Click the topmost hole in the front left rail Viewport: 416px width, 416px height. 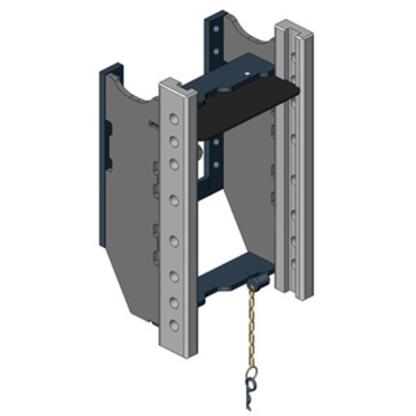pyautogui.click(x=174, y=120)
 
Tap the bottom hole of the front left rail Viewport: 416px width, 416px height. pyautogui.click(x=174, y=326)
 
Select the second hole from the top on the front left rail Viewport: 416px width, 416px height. pyautogui.click(x=174, y=141)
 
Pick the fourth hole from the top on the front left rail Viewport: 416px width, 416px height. pyautogui.click(x=174, y=200)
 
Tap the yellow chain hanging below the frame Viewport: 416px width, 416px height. pyautogui.click(x=252, y=328)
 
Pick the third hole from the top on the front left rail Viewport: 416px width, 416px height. pyautogui.click(x=174, y=164)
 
